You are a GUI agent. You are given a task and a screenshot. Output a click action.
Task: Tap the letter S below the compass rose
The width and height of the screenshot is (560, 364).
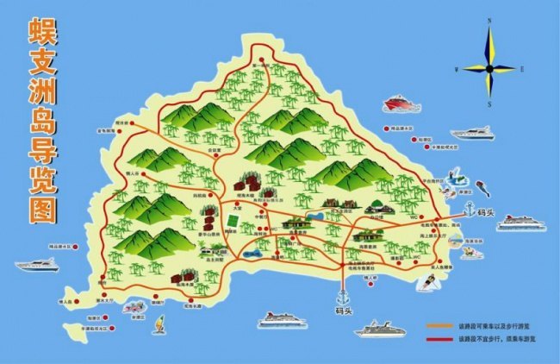click(489, 105)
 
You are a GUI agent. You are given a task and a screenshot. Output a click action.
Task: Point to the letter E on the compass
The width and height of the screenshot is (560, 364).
click(523, 68)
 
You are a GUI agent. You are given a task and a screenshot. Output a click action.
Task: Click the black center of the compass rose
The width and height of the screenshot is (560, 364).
click(488, 67)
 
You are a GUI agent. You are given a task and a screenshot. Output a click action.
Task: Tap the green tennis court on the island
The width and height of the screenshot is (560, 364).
click(231, 220)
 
